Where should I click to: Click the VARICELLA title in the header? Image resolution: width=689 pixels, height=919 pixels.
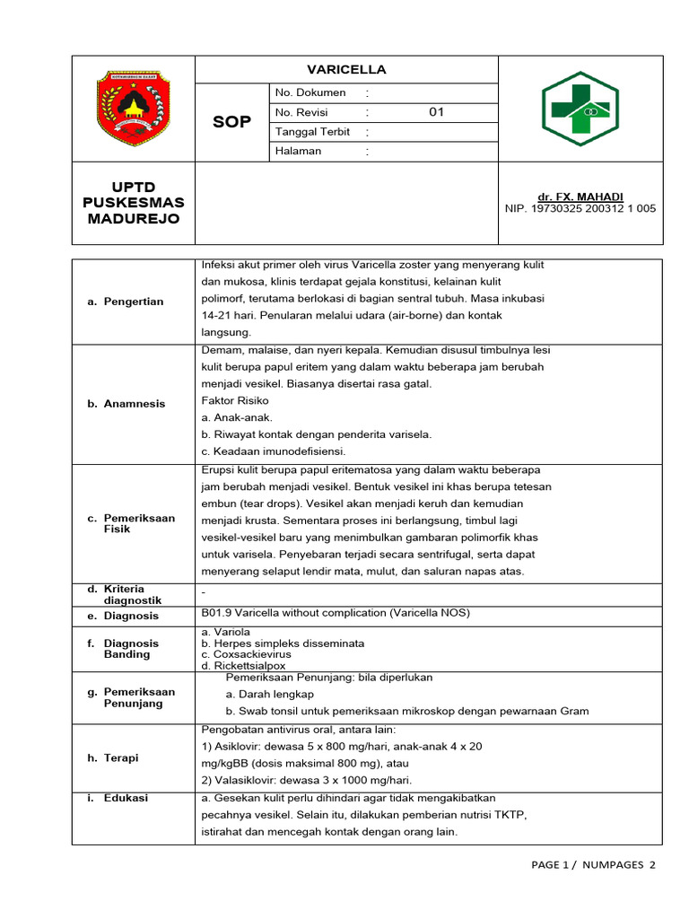click(346, 70)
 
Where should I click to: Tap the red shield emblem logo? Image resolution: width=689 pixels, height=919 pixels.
click(133, 109)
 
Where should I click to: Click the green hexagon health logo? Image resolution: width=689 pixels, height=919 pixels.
click(580, 109)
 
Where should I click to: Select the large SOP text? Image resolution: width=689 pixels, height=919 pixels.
click(231, 122)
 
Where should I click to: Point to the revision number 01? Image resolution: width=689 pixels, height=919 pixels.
click(436, 113)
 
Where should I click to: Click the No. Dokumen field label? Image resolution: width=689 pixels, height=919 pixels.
click(310, 93)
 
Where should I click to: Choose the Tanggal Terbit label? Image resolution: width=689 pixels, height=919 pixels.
click(313, 132)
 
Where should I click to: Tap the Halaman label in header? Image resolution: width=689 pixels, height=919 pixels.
click(299, 152)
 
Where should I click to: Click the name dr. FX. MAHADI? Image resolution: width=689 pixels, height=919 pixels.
click(580, 197)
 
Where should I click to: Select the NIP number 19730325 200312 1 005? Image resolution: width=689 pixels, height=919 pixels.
click(580, 208)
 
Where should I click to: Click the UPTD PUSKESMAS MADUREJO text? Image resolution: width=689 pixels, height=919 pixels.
click(133, 203)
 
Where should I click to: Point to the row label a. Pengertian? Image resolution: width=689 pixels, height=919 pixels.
click(126, 302)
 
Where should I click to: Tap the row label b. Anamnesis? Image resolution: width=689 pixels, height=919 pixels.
click(126, 404)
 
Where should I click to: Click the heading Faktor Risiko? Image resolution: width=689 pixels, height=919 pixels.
click(235, 400)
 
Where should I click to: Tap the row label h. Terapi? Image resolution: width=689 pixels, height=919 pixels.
click(113, 758)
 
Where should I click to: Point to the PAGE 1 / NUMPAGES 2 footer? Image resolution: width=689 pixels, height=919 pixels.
click(593, 865)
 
